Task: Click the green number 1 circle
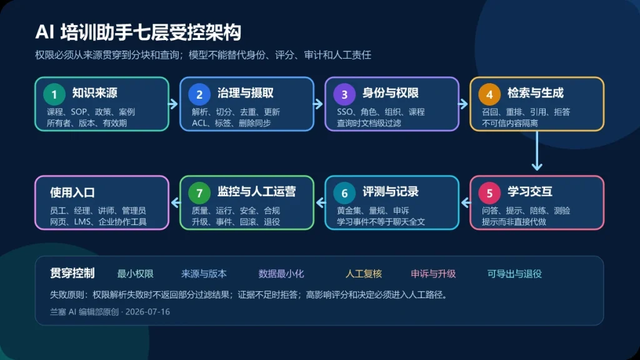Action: (x=54, y=94)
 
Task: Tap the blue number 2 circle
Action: (x=199, y=94)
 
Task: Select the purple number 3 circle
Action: (x=344, y=94)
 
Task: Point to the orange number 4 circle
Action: (x=489, y=94)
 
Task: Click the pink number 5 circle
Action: (x=489, y=193)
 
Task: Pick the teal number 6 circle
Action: (x=344, y=193)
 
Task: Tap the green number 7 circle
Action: (x=199, y=193)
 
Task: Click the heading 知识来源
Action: (x=95, y=93)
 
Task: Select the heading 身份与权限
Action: (x=391, y=93)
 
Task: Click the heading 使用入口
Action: (x=72, y=192)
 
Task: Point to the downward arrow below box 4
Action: (x=537, y=151)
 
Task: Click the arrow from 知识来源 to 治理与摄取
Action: (x=174, y=104)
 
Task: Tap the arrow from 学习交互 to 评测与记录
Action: (x=465, y=202)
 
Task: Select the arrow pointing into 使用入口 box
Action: (x=175, y=202)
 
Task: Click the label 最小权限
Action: (x=135, y=274)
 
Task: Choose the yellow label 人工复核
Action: (x=364, y=274)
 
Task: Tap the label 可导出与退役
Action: (x=514, y=274)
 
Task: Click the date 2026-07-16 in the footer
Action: (x=147, y=312)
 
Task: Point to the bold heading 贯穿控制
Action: (x=72, y=273)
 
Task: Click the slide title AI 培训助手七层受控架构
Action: (x=138, y=32)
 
